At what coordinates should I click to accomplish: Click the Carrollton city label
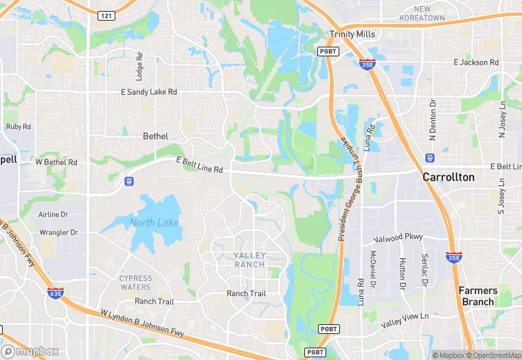pos(448,177)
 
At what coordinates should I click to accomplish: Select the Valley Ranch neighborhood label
pos(249,260)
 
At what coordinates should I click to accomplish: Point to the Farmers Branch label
pos(477,296)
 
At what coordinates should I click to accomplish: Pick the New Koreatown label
pos(431,13)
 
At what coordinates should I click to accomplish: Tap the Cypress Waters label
pos(135,282)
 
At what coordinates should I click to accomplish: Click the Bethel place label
pos(155,136)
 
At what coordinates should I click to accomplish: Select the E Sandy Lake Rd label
pos(149,91)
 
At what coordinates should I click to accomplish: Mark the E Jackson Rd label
pos(475,62)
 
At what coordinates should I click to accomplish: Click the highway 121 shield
pos(106,15)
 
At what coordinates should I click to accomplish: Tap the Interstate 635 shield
pos(54,293)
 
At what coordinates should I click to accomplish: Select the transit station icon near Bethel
pos(128,181)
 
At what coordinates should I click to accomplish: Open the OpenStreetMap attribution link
pos(493,355)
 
